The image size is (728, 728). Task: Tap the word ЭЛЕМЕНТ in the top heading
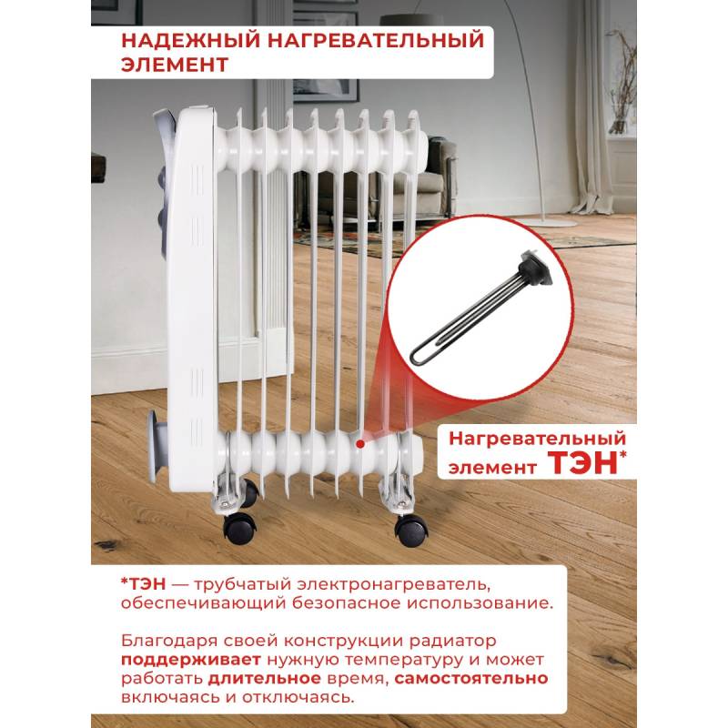175,65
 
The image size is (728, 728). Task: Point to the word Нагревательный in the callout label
537,439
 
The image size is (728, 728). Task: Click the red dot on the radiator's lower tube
359,444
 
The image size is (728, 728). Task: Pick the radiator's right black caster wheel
411,530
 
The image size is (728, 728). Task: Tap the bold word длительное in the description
264,679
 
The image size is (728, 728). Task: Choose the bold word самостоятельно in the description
471,679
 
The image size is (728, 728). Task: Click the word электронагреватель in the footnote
394,585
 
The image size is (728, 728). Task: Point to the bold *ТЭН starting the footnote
143,584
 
